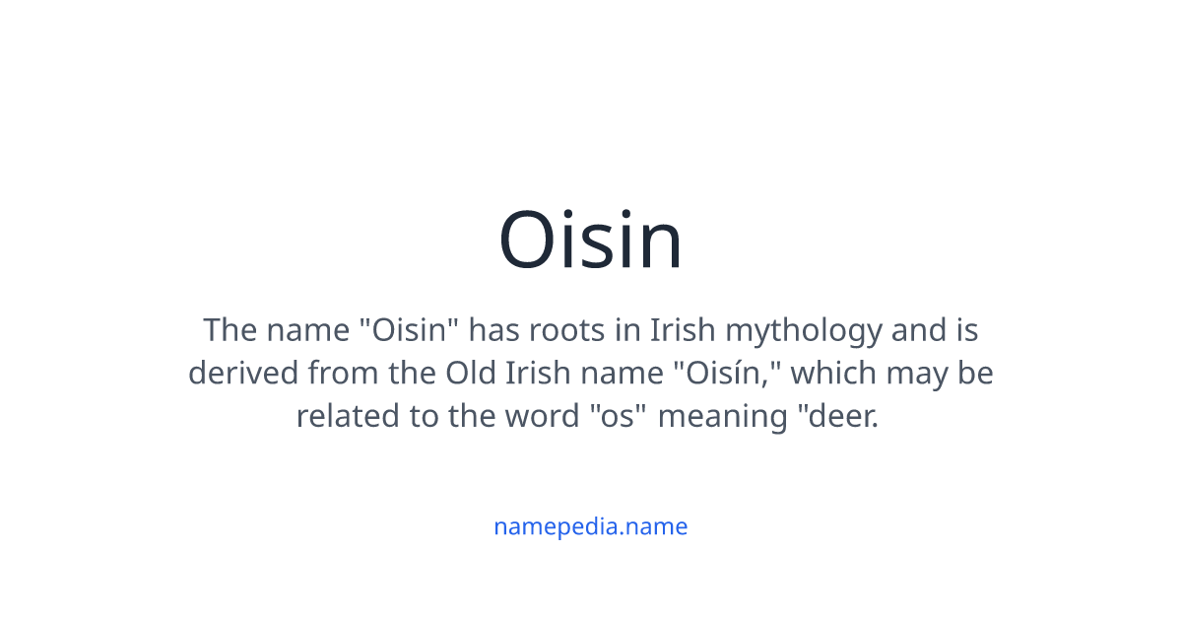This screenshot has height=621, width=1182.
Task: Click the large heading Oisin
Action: tap(591, 241)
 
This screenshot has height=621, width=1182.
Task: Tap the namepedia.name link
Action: tap(591, 526)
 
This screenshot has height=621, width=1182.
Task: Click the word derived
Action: tap(243, 374)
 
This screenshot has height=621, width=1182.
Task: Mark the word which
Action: tap(831, 374)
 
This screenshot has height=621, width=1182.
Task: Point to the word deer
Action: tap(842, 416)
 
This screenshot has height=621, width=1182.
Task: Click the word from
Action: tap(337, 374)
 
